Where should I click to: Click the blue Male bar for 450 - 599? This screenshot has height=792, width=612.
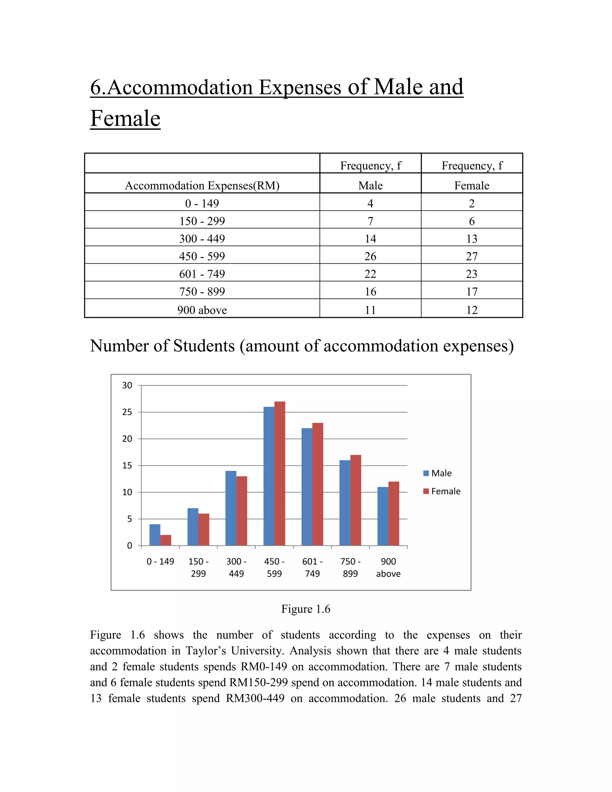269,476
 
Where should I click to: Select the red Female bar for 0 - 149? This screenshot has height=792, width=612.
166,540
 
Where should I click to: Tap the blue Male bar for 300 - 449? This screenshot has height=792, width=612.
231,508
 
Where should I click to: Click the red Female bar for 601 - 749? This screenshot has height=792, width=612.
318,484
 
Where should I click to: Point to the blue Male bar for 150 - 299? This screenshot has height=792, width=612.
193,527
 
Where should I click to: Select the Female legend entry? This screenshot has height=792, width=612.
442,491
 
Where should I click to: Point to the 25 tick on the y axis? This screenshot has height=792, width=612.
127,412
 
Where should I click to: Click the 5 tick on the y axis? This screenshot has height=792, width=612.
129,519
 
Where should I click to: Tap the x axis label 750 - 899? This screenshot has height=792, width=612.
350,568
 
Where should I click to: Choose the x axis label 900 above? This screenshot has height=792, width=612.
388,568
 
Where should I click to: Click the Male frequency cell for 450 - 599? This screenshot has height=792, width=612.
370,256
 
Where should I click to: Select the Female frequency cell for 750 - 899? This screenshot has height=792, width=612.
472,292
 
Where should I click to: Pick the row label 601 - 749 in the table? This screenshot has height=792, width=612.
202,274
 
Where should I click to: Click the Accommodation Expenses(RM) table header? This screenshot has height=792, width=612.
202,186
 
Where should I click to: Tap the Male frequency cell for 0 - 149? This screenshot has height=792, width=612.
370,204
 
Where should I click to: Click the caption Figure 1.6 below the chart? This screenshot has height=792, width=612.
306,609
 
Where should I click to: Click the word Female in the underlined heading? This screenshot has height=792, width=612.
125,119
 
